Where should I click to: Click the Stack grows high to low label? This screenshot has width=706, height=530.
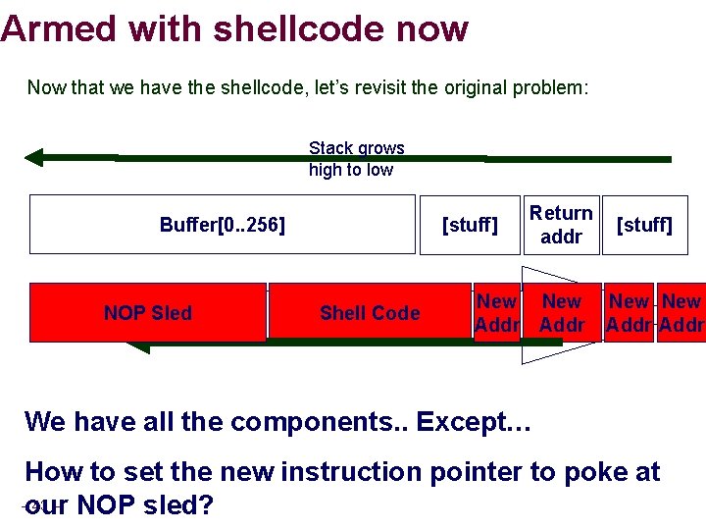pos(356,159)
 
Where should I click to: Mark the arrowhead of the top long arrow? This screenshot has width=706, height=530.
pos(35,157)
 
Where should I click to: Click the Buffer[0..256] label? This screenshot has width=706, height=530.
pos(223,225)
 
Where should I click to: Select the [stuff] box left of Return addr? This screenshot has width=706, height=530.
pos(470,225)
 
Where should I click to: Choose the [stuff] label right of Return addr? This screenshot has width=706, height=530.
pos(643,225)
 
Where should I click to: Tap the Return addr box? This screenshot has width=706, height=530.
pos(561,225)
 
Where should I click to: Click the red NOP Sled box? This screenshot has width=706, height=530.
pos(148,313)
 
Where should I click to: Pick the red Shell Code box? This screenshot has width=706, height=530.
pos(369,313)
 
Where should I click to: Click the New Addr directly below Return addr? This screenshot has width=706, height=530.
pos(562,313)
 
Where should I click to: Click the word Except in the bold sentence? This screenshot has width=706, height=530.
pos(474,422)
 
